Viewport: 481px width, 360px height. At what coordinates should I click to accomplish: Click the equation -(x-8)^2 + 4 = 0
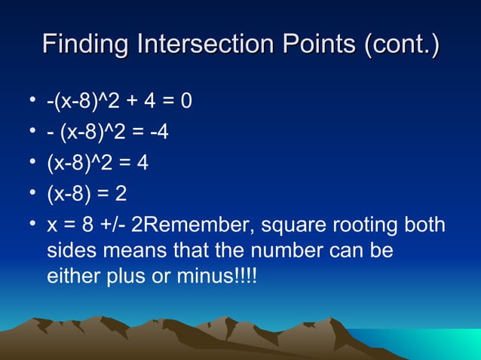pyautogui.click(x=118, y=101)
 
